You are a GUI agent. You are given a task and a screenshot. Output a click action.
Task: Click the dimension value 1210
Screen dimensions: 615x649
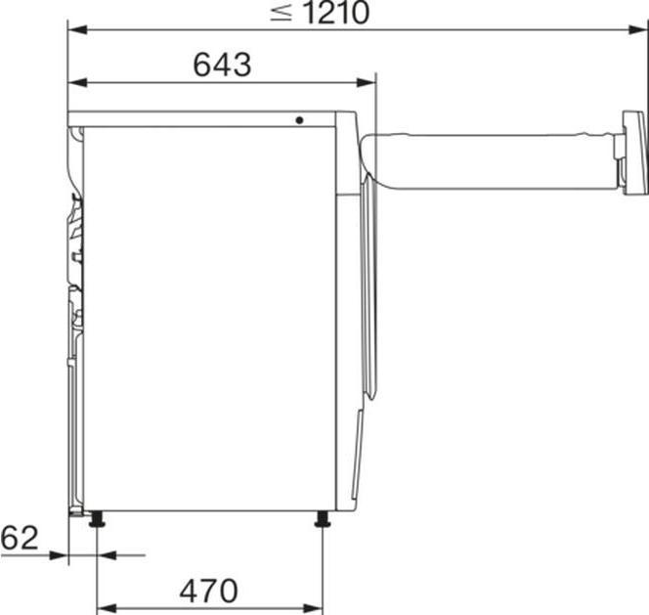335,13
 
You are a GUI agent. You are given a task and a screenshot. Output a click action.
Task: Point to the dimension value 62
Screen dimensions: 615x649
20,537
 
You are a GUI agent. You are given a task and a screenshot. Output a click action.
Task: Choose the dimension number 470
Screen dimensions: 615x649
208,591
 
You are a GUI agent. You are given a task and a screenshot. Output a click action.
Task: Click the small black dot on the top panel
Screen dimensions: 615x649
300,120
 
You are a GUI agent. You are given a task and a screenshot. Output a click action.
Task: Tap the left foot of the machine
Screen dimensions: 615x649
97,519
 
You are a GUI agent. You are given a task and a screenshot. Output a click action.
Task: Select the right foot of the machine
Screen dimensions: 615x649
322,519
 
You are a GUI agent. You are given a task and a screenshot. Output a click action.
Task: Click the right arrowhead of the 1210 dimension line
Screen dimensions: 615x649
640,29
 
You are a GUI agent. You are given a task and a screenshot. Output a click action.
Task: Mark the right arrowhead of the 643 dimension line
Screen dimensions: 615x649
368,82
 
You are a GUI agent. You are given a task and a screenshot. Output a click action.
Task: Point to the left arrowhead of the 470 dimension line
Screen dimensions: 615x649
105,608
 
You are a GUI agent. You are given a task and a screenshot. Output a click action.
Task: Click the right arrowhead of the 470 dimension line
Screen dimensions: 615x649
315,608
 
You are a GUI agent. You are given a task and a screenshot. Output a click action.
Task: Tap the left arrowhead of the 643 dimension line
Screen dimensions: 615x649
75,82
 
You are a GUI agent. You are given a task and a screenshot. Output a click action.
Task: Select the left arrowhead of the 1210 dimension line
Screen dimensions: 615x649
75,29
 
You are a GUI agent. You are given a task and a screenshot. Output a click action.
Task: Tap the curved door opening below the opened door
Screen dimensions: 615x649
367,293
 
